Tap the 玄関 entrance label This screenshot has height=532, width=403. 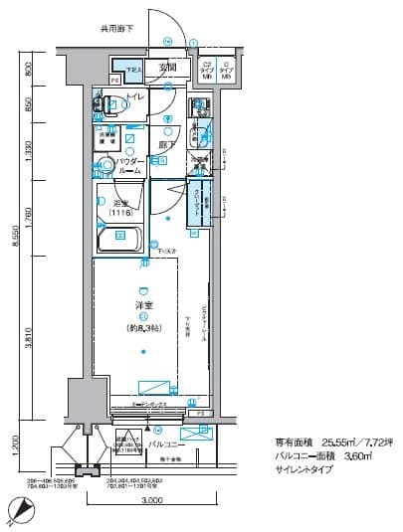(167, 68)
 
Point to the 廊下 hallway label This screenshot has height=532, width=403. (167, 145)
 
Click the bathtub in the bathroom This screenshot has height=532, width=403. (120, 239)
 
